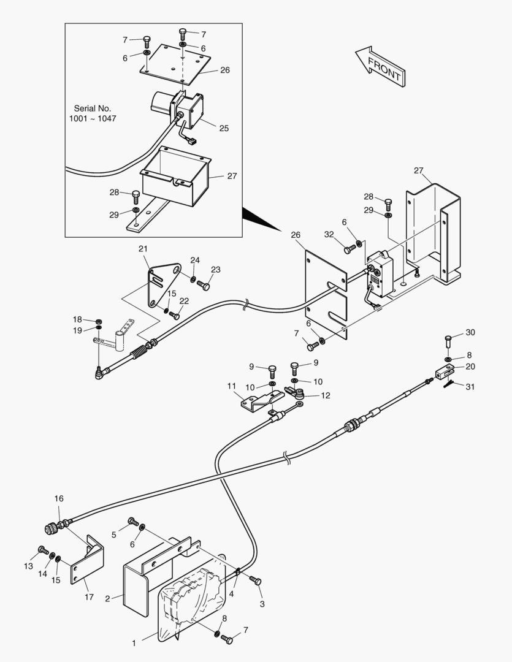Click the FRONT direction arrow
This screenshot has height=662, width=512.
(381, 67)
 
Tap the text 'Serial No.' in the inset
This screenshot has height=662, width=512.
(93, 108)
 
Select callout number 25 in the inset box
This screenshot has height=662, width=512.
(224, 128)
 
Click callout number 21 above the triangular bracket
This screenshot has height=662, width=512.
(143, 249)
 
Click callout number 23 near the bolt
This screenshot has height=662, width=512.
(215, 270)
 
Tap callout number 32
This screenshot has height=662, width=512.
(329, 235)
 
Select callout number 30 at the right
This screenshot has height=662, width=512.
(470, 333)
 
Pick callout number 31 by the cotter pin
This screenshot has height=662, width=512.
(469, 387)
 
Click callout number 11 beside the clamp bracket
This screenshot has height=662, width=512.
(232, 386)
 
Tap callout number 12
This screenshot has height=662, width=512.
(326, 395)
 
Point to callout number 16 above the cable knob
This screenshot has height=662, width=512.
(59, 498)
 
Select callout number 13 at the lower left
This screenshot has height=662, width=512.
(28, 566)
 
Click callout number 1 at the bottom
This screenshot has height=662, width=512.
(134, 644)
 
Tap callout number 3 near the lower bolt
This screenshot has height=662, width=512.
(262, 604)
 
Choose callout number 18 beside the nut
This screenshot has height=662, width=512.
(77, 319)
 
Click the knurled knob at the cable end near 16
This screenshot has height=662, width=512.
(51, 528)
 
